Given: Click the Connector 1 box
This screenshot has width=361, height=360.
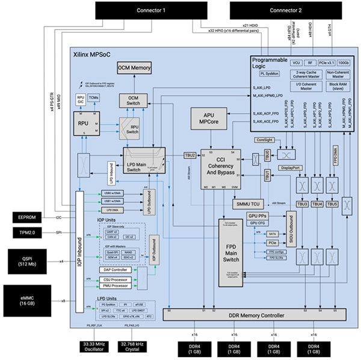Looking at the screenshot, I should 151,10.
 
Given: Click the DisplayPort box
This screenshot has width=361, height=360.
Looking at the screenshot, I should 290,168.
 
